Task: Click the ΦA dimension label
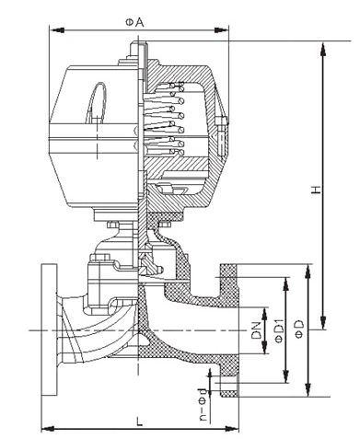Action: point(134,22)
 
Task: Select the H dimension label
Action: point(316,190)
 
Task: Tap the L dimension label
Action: point(140,422)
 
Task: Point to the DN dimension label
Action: point(256,330)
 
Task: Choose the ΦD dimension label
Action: point(299,329)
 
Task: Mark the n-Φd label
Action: point(203,404)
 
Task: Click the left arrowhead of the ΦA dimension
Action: point(57,30)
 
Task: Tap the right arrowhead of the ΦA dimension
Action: point(221,30)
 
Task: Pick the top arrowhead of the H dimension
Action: point(322,49)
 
